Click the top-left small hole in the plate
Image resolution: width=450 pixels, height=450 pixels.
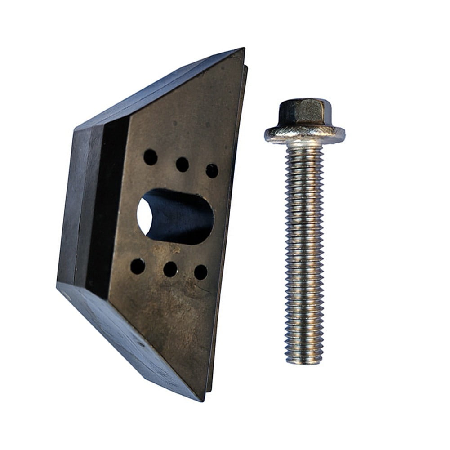click(x=150, y=157)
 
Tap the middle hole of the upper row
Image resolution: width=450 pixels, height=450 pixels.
click(x=182, y=165)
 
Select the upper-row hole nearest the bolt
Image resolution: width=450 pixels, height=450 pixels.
click(x=212, y=171)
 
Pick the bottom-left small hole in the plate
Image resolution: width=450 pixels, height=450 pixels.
click(x=138, y=266)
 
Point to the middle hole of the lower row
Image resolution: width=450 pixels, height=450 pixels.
click(x=170, y=269)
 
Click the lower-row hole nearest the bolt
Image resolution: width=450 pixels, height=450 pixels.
click(x=200, y=272)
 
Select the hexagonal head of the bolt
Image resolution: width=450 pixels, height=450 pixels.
click(x=304, y=112)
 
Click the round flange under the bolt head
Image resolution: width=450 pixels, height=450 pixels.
click(x=304, y=134)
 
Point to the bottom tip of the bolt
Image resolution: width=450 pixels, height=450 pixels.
click(x=304, y=361)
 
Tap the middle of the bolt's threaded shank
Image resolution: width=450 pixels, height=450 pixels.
click(x=304, y=252)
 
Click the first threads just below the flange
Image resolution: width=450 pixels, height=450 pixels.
click(x=304, y=151)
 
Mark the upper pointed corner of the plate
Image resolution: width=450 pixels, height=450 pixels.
click(x=243, y=49)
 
